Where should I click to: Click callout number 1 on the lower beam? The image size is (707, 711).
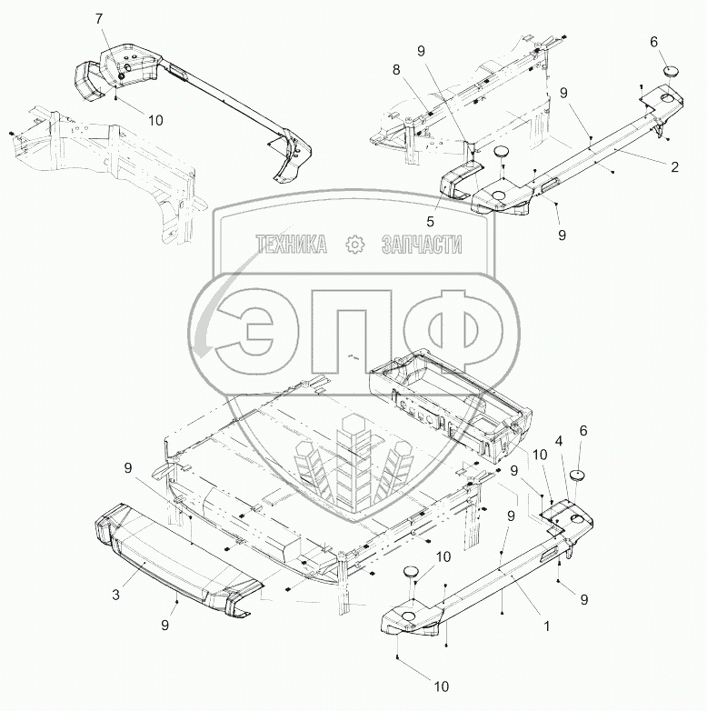pos(546,626)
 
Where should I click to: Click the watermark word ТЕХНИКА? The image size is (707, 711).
pos(291,244)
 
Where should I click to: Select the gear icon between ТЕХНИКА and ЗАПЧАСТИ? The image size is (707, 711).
pos(354,244)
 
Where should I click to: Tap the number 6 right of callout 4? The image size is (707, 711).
pos(583,456)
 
